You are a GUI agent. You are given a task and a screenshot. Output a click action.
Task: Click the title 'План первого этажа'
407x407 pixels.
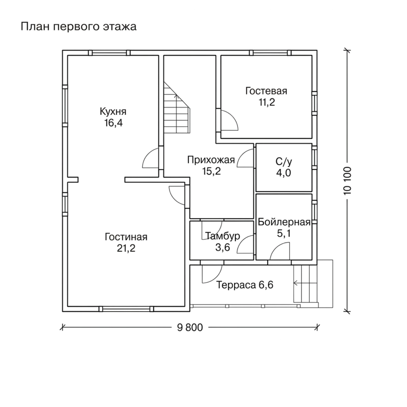tap(79, 27)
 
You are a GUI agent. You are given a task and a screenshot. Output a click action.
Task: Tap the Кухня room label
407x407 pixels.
tap(113, 112)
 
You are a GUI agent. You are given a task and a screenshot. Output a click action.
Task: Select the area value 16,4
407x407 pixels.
tap(113, 123)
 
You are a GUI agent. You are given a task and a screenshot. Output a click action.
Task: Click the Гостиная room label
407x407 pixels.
tap(126, 237)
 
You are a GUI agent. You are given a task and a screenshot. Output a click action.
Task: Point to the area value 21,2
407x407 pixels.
tap(126, 248)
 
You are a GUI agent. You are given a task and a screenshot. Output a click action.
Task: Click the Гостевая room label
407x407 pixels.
tap(266, 91)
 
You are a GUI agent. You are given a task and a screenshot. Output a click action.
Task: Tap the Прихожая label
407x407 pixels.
tap(211, 160)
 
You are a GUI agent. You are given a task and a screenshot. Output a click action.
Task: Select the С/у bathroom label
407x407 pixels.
tap(284, 162)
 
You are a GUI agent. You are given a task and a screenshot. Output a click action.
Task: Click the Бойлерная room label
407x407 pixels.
tap(284, 222)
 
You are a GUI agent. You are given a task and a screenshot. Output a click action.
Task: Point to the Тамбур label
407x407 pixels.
tap(223, 236)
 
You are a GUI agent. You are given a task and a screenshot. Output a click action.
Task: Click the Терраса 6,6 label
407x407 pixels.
tap(245, 285)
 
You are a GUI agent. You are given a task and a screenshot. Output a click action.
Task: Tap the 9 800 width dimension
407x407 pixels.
tap(190, 327)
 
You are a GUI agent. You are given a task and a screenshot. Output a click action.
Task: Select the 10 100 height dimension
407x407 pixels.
tap(347, 180)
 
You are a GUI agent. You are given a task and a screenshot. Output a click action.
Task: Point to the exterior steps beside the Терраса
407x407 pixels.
tap(305, 283)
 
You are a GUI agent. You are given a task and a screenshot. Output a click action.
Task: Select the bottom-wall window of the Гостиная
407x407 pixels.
tap(126, 309)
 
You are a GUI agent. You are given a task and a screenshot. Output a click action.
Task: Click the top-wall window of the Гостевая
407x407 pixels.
tap(270, 53)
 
